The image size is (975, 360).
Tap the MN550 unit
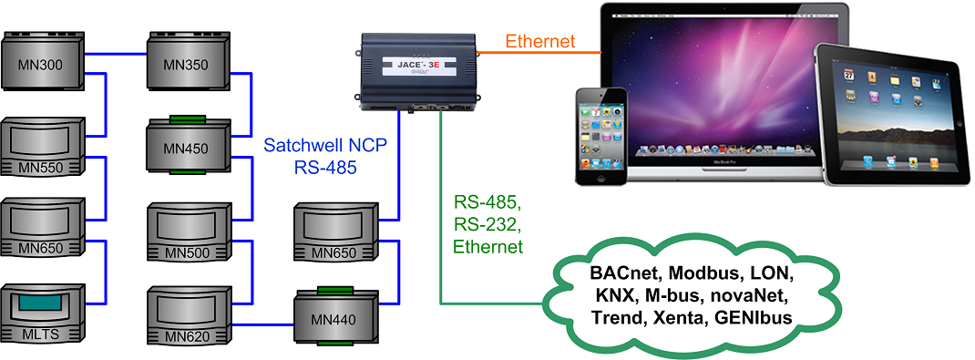click(x=46, y=147)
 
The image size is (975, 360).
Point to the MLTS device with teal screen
click(x=46, y=314)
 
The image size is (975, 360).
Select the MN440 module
click(x=332, y=316)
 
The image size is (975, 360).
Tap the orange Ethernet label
click(x=539, y=41)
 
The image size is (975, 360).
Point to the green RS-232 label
click(x=487, y=224)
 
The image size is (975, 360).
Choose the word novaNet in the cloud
click(x=744, y=296)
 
